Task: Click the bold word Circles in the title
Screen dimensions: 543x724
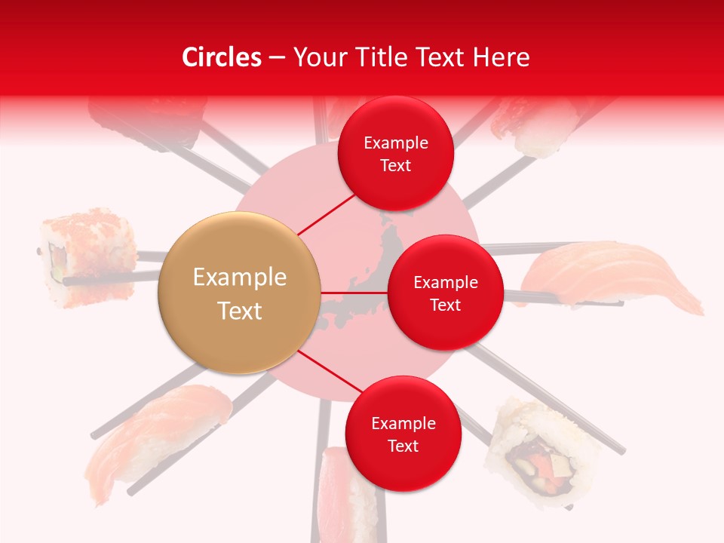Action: pos(221,57)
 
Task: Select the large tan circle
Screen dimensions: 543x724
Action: pos(240,293)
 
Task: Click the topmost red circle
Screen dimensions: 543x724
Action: pos(395,153)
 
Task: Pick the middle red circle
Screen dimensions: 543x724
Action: pos(445,293)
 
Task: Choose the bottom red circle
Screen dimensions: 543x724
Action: pos(403,434)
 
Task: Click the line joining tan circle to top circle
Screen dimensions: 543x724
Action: pos(327,213)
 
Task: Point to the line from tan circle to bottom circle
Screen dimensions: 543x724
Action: pos(330,373)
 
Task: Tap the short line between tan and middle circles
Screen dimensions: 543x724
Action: pos(354,293)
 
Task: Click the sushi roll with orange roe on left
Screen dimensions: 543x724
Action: pos(89,256)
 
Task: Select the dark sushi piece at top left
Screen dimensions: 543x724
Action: pos(147,117)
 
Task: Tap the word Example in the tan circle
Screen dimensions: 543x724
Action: pos(240,278)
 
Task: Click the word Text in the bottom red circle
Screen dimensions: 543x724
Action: pos(403,446)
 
